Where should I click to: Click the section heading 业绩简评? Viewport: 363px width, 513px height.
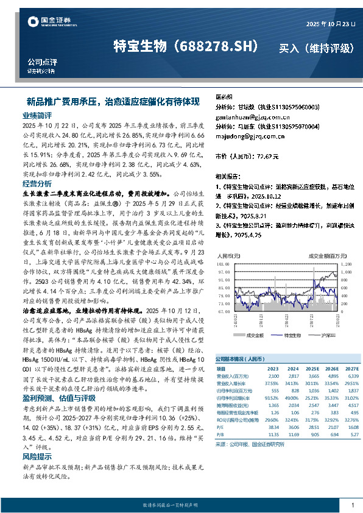point(37,115)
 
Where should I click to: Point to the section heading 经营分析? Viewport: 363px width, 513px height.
point(37,183)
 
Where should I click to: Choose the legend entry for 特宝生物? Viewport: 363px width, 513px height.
point(294,334)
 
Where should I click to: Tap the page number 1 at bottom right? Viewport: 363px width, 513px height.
point(353,505)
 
